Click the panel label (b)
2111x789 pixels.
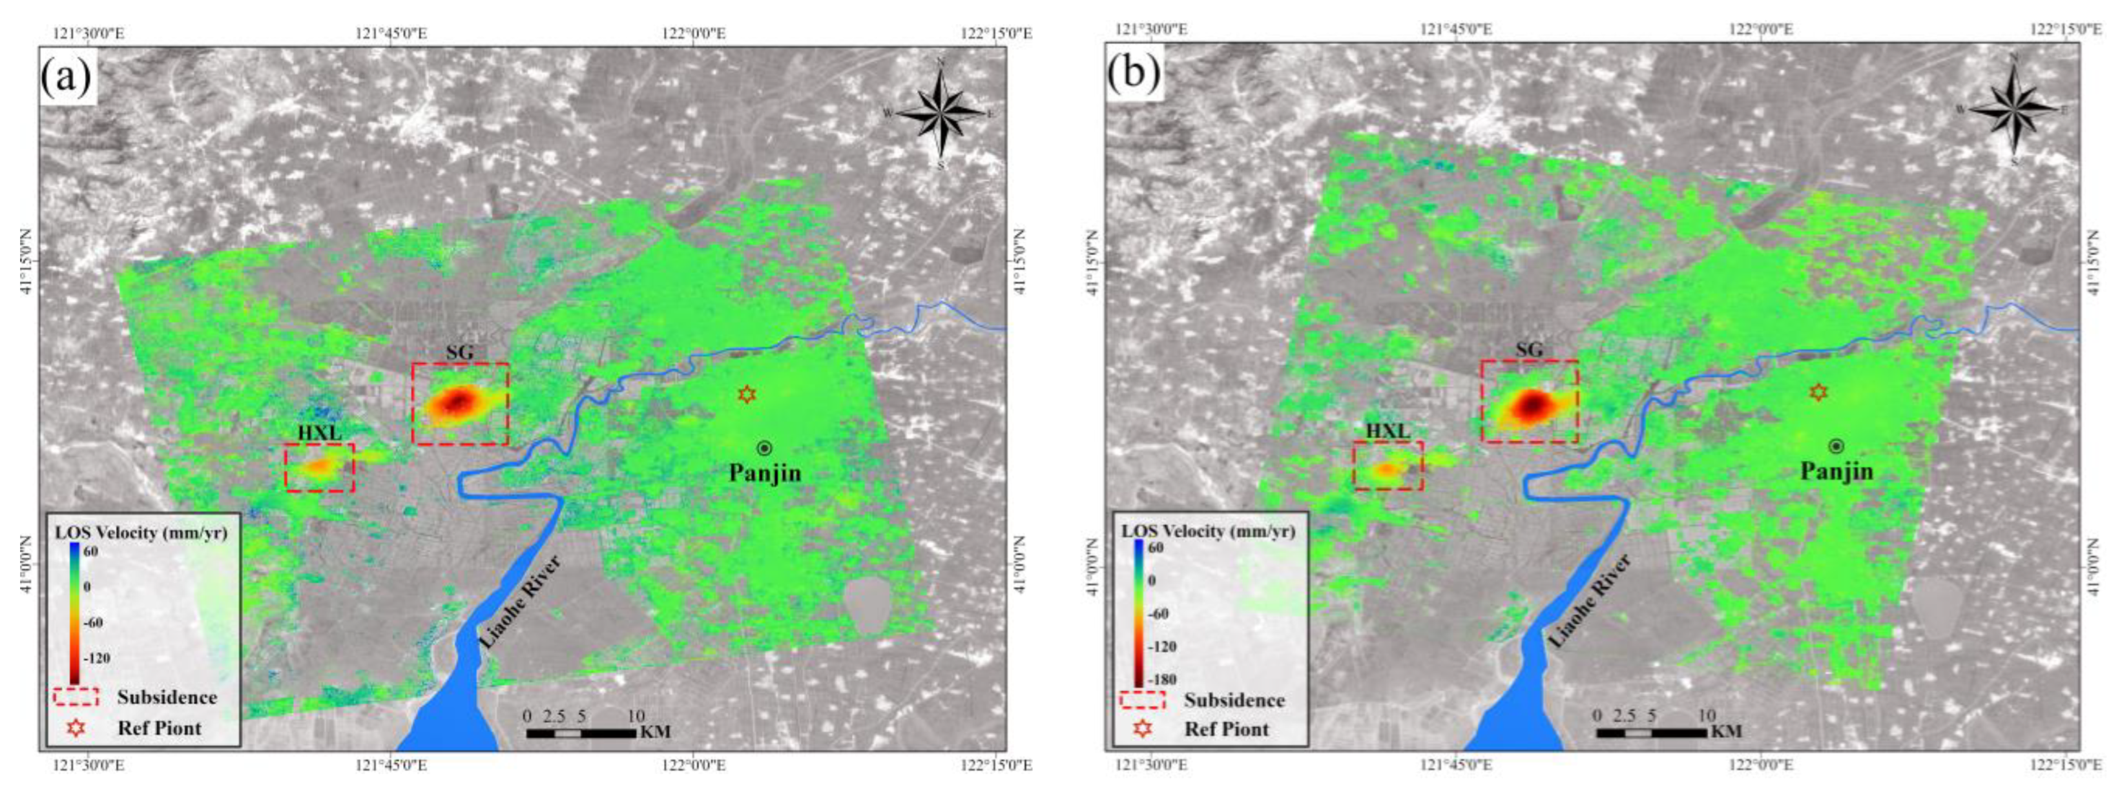[x=1134, y=74]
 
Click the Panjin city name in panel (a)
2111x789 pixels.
[x=765, y=473]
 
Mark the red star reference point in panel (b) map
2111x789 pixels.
[x=1818, y=393]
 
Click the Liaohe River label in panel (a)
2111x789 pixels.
[x=521, y=602]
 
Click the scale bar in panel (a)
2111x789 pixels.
[x=581, y=732]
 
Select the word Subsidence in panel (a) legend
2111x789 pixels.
[x=167, y=697]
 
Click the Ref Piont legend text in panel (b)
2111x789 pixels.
[x=1226, y=729]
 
